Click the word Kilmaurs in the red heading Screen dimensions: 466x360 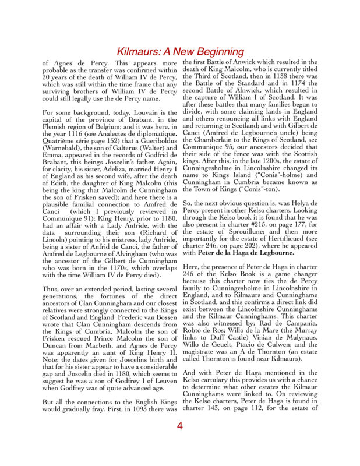(141, 52)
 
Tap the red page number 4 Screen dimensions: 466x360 (180, 426)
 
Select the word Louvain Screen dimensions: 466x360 (142, 110)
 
